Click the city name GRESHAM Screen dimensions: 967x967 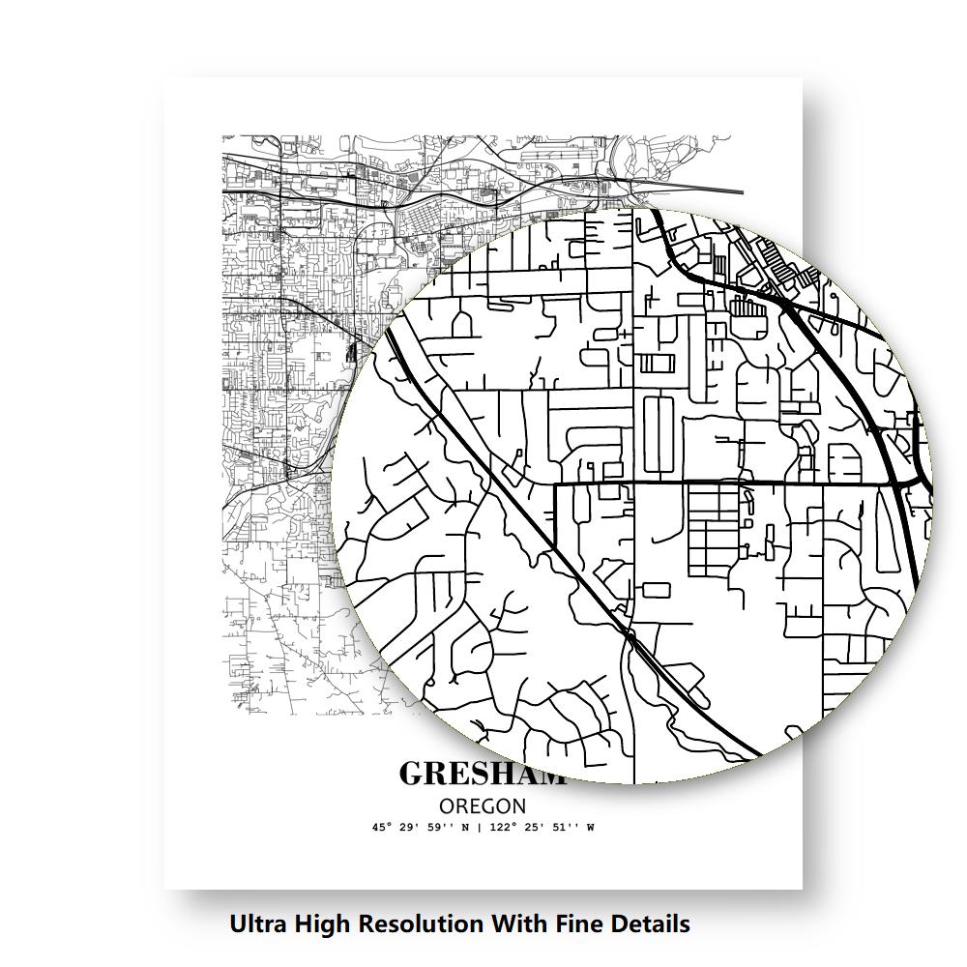pos(481,775)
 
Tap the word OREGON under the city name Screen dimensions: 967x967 pos(483,806)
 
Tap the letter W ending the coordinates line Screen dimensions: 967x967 pos(590,828)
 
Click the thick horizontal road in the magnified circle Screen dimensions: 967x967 pos(735,483)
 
